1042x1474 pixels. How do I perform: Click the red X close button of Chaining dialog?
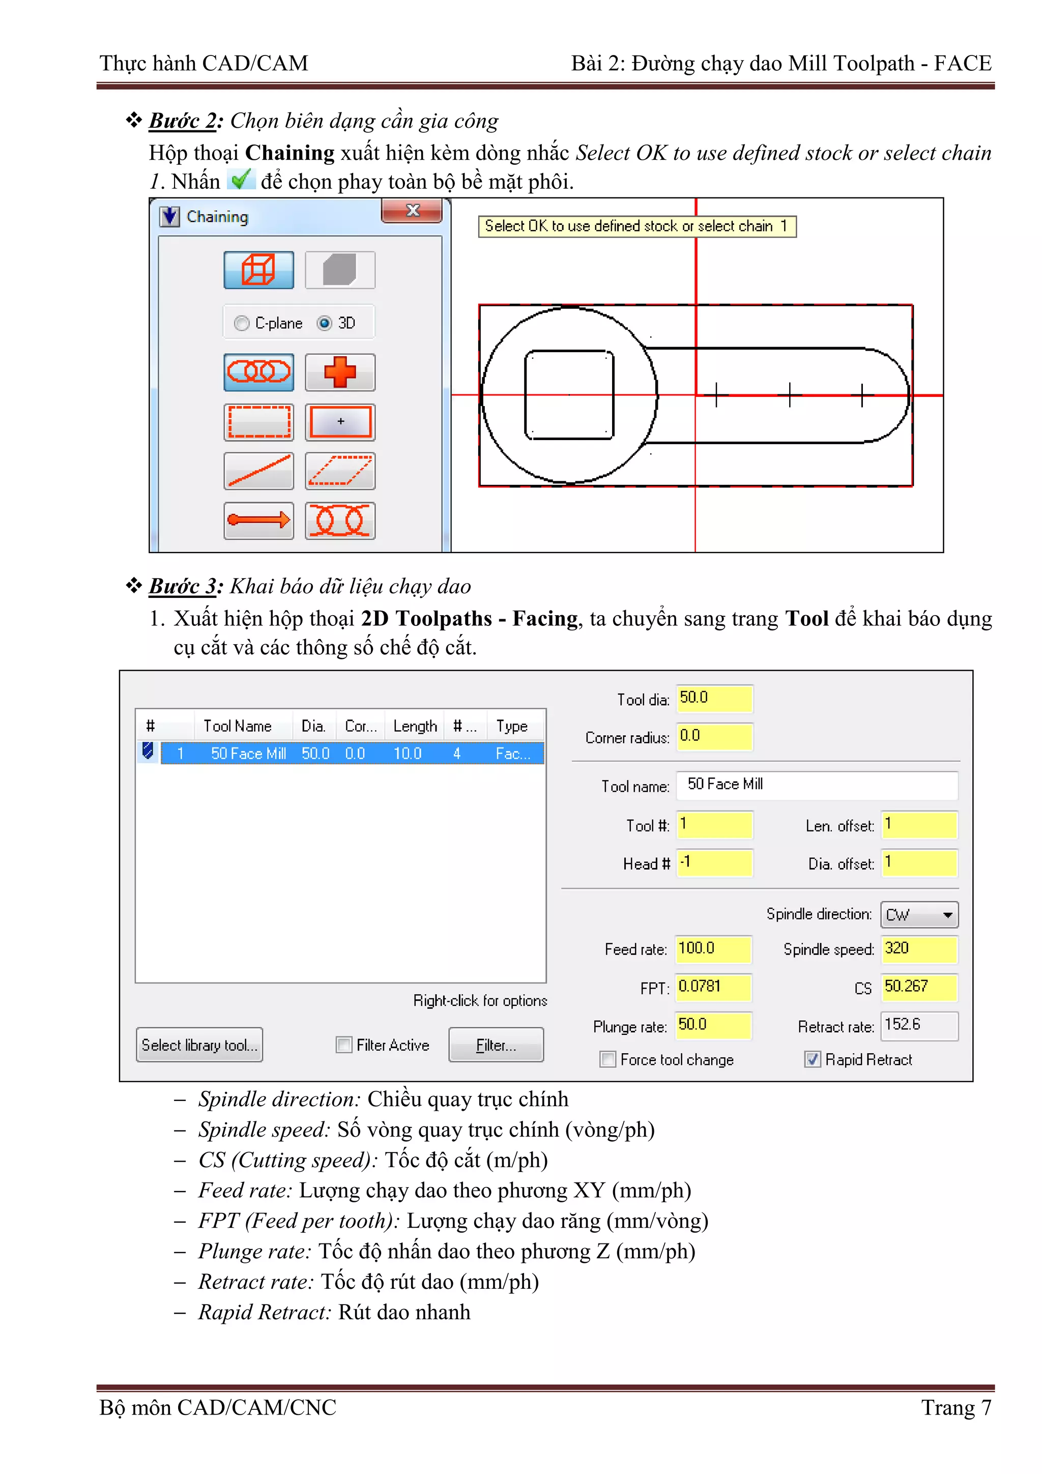(x=412, y=211)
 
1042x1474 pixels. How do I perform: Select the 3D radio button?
(x=325, y=323)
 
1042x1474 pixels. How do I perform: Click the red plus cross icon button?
(x=340, y=372)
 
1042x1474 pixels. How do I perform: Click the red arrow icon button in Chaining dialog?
(x=259, y=520)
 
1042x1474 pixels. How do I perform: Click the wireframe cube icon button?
(x=259, y=270)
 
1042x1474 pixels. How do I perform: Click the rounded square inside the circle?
(x=569, y=395)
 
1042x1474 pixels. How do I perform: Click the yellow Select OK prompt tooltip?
(x=636, y=226)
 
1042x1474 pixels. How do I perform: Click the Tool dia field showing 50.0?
(x=713, y=699)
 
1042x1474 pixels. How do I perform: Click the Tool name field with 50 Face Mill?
(x=816, y=785)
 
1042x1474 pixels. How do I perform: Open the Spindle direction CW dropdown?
(x=919, y=915)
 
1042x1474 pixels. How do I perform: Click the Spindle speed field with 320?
(x=919, y=949)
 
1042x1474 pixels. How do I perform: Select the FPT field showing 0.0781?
(x=713, y=987)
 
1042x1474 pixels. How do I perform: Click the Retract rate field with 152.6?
(x=919, y=1025)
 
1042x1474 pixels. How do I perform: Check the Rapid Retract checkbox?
(x=812, y=1059)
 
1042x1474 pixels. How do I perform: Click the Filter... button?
(x=496, y=1045)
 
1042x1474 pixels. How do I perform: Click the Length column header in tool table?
(x=415, y=726)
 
